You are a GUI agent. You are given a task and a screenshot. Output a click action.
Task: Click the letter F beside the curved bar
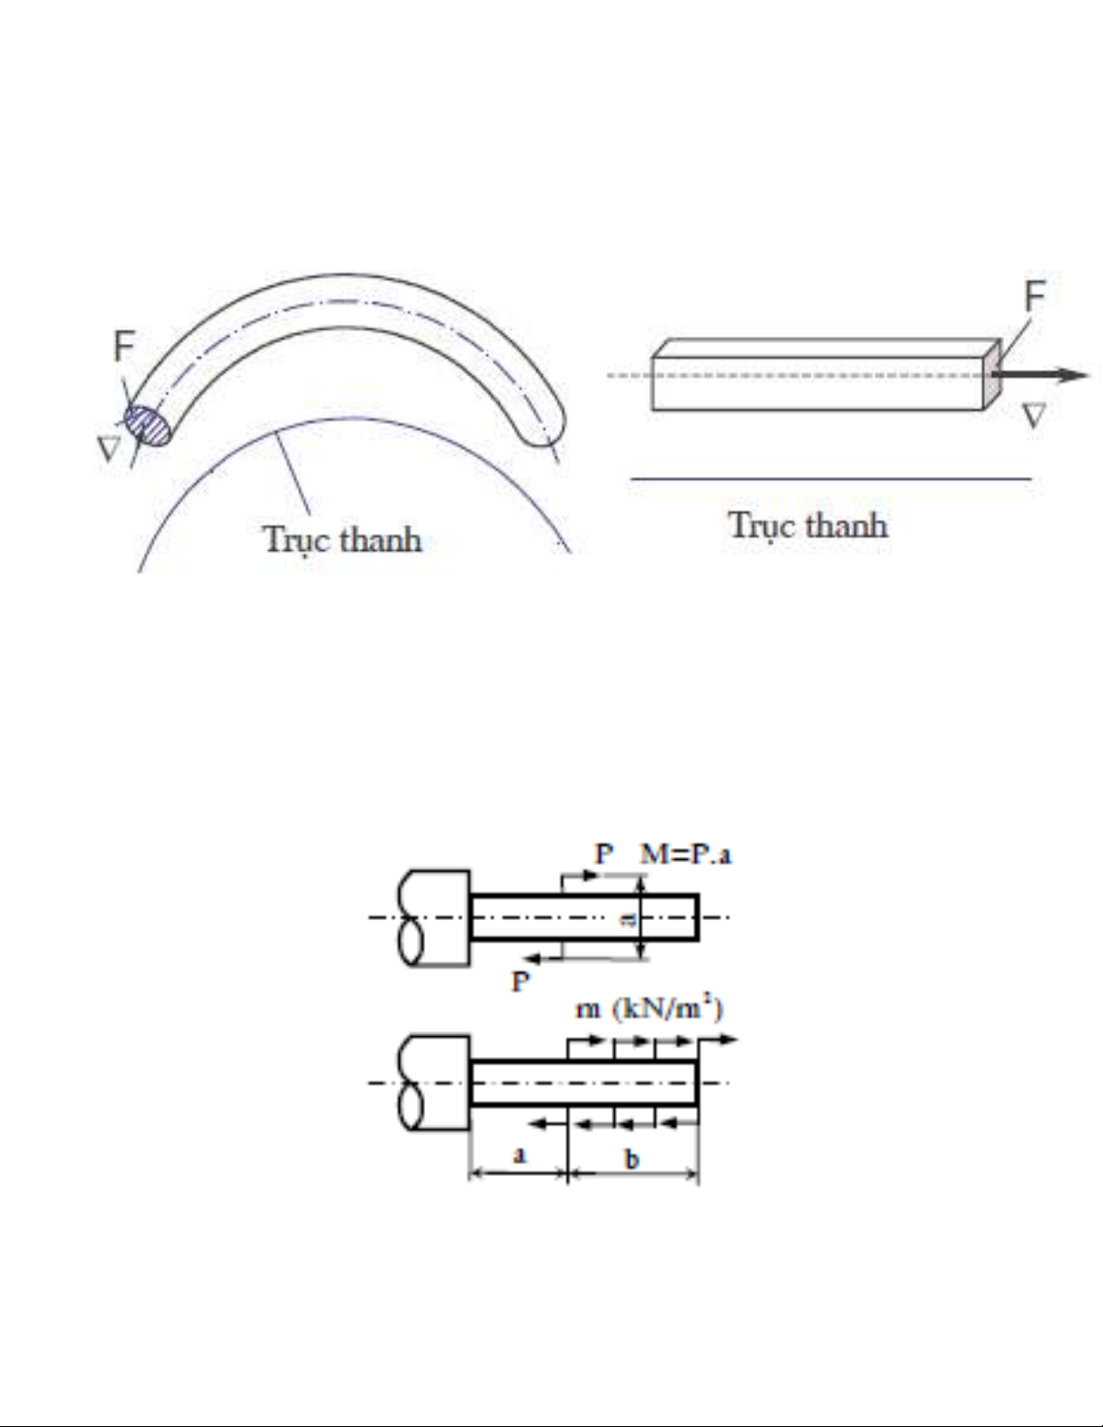(125, 346)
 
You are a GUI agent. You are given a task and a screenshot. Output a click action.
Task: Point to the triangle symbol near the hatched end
(108, 449)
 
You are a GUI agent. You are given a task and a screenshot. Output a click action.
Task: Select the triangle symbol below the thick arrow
(1034, 416)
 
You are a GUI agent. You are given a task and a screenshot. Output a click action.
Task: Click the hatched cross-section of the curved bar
(148, 426)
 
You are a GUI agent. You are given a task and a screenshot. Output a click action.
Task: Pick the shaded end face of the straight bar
(992, 375)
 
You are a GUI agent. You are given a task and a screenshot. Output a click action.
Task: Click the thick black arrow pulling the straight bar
(1041, 375)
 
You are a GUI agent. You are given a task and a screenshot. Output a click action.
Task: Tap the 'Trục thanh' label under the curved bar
(343, 540)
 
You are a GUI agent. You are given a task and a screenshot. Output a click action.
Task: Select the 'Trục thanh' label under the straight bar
(809, 526)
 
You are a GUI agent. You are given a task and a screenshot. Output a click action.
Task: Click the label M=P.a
(685, 854)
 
